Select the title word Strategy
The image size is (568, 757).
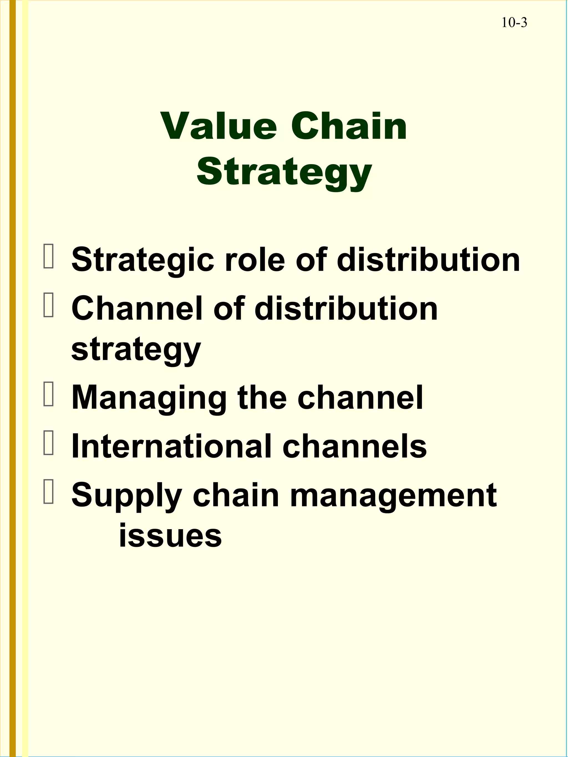pyautogui.click(x=284, y=172)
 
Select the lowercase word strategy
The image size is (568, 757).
pyautogui.click(x=136, y=351)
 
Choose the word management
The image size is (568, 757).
pyautogui.click(x=393, y=496)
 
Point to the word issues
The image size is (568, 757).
pyautogui.click(x=170, y=536)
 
